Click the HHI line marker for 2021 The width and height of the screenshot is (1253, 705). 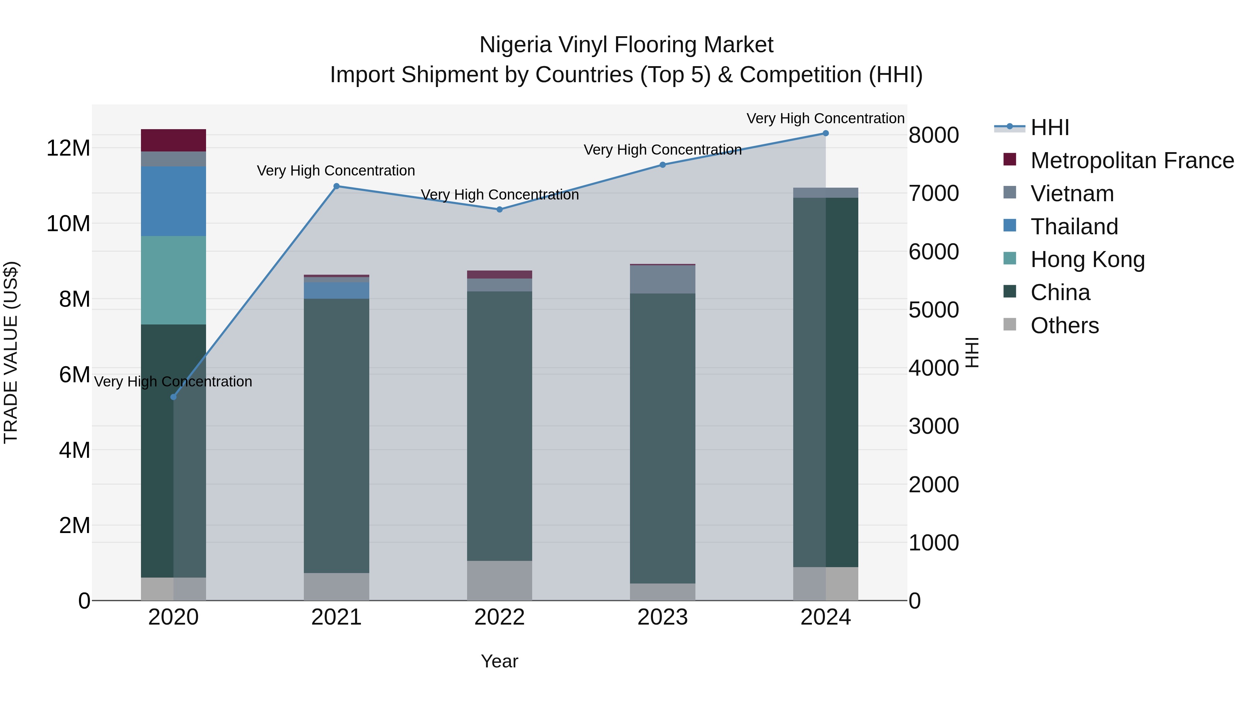[336, 186]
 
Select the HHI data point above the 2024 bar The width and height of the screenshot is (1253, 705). [826, 133]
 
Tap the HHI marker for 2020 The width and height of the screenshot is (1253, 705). [173, 397]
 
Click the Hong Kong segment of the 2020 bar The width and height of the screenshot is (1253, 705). [173, 280]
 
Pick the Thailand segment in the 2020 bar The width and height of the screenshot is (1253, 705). [173, 202]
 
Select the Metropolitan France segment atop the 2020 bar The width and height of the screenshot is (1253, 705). [173, 140]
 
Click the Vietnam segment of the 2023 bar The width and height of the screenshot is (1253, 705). [662, 279]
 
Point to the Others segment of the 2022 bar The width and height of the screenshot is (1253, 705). [499, 580]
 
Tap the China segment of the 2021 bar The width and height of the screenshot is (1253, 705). [336, 436]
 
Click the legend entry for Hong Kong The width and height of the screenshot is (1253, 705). [1087, 259]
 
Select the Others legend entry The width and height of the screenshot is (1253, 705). [1064, 326]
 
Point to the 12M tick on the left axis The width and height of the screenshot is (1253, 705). [68, 148]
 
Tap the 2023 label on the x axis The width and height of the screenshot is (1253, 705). [662, 617]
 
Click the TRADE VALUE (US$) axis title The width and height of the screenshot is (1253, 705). [11, 352]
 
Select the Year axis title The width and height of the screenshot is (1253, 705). [499, 661]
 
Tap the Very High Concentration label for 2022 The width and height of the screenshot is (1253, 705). [499, 195]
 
